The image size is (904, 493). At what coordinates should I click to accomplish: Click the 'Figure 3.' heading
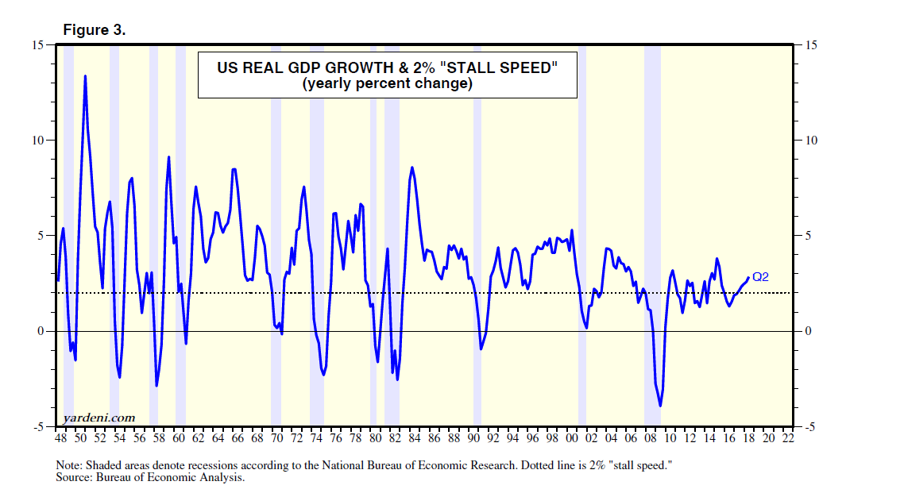pos(94,30)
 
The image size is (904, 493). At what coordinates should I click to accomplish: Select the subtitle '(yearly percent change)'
pos(387,84)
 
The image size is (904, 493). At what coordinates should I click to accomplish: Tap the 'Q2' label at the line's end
pos(760,277)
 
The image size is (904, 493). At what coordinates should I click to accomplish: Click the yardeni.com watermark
pos(99,418)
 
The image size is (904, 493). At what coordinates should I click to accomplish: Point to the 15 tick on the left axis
pos(37,45)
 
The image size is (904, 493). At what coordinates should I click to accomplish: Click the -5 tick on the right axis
pos(810,427)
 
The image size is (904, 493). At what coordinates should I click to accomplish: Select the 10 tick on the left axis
pos(37,141)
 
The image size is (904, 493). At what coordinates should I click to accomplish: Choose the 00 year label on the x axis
pos(572,437)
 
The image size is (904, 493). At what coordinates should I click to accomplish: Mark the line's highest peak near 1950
pos(85,76)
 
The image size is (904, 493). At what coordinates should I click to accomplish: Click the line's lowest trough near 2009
pos(660,406)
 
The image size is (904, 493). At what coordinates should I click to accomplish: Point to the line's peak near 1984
pos(412,168)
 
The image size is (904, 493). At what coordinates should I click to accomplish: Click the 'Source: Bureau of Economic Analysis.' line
pos(150,478)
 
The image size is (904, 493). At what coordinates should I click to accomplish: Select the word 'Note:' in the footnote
pos(70,465)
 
